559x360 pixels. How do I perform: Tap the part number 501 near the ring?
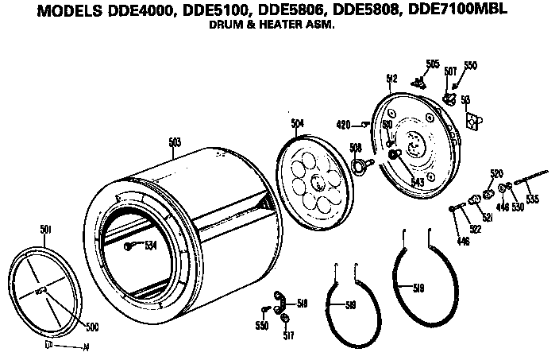coord(46,229)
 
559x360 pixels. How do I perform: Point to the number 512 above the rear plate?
coord(391,78)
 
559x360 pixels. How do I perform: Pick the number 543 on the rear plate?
coord(417,181)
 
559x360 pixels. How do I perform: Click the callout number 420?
coord(344,124)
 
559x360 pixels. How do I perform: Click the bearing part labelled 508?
coord(360,165)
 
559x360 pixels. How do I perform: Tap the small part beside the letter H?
coord(50,346)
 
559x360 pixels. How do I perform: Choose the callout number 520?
coord(496,173)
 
